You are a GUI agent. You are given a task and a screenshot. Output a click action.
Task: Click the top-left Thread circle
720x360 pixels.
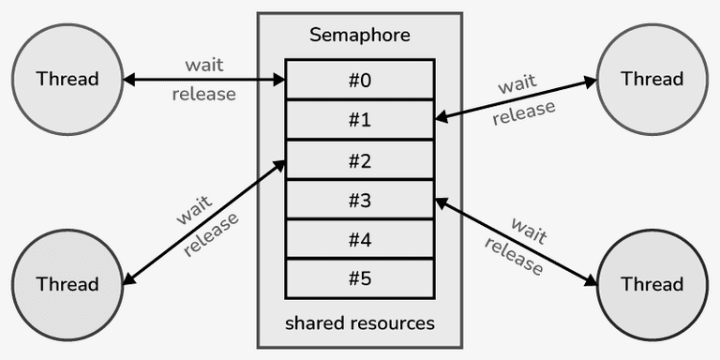(67, 79)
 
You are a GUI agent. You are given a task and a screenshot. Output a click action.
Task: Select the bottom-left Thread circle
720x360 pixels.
(67, 283)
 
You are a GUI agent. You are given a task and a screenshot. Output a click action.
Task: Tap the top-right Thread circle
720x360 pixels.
(652, 79)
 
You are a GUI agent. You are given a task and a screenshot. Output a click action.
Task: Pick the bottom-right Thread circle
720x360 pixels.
(652, 283)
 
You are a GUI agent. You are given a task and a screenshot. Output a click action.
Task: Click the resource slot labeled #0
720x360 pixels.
(360, 80)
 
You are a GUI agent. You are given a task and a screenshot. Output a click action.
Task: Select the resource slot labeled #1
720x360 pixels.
(360, 120)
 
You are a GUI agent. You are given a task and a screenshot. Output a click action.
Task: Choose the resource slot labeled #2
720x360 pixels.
(360, 160)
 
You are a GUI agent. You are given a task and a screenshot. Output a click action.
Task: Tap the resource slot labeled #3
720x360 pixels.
(360, 200)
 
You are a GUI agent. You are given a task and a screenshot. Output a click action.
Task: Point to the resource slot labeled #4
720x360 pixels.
(360, 240)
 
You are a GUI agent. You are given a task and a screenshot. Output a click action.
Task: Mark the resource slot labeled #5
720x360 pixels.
(360, 279)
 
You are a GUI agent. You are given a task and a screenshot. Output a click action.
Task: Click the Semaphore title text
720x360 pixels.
(360, 37)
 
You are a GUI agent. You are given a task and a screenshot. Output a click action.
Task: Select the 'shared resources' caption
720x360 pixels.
(360, 323)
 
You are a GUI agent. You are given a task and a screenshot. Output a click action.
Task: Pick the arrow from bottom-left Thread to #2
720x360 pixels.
(204, 222)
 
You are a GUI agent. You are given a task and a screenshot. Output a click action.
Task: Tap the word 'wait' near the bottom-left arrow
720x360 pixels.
(194, 211)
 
